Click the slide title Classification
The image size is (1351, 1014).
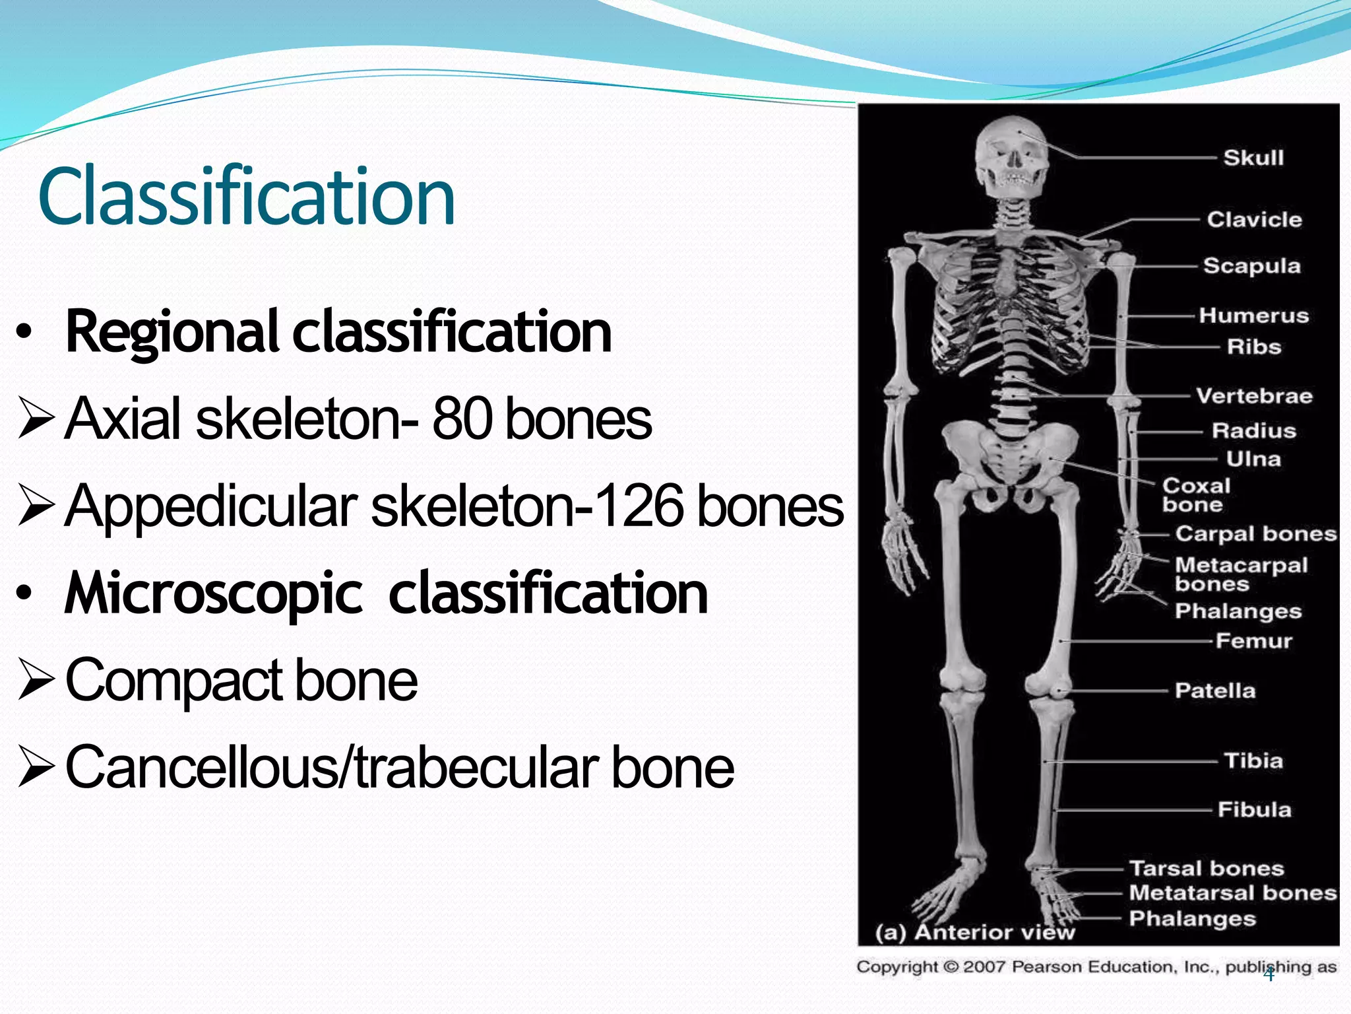247,196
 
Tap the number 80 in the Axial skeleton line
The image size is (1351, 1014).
462,419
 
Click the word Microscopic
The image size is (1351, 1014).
214,593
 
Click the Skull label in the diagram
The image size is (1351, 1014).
1253,158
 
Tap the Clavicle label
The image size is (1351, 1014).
1254,219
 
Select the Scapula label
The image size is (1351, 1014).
1251,266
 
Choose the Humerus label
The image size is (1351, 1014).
1253,316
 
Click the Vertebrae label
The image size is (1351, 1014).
1254,396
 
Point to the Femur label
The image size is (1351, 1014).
1253,641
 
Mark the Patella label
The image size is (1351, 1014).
1215,691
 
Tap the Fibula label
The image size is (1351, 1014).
1254,809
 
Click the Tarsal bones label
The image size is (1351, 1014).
1207,868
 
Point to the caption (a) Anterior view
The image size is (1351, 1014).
975,932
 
